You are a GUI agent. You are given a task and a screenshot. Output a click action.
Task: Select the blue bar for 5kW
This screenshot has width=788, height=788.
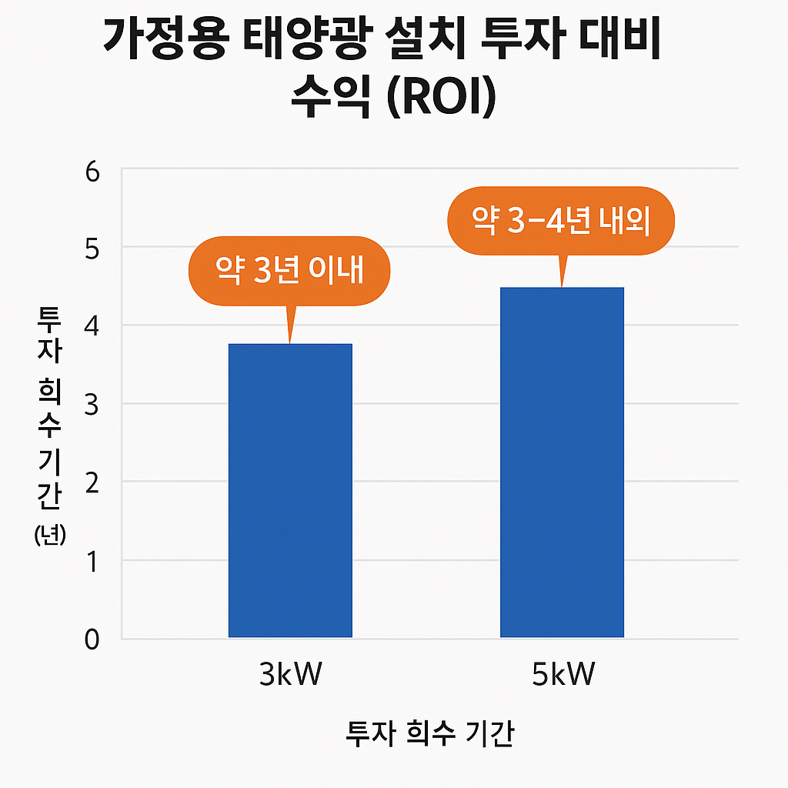tap(562, 462)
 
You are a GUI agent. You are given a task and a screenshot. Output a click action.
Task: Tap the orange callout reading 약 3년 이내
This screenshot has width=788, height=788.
tap(289, 271)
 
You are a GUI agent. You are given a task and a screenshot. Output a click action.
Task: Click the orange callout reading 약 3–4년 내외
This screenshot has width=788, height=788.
tap(561, 222)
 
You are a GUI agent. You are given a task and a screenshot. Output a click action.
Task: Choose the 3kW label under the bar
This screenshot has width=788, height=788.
tap(290, 676)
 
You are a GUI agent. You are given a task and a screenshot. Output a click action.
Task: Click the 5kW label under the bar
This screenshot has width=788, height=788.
tap(563, 676)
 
